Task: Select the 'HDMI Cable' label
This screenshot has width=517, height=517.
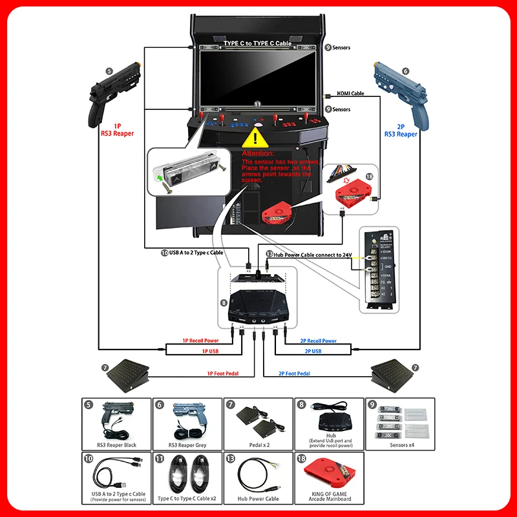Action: [350, 94]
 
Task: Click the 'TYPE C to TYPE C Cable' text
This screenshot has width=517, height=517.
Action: [257, 43]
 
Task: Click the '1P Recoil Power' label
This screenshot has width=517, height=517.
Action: [200, 341]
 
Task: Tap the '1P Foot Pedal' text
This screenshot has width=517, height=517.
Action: [222, 374]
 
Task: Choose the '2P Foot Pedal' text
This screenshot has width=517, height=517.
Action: [294, 374]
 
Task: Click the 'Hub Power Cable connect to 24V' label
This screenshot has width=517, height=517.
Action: [312, 255]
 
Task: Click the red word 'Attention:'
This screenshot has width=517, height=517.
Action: [258, 154]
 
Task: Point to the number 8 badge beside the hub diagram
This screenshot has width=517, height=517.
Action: [224, 302]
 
